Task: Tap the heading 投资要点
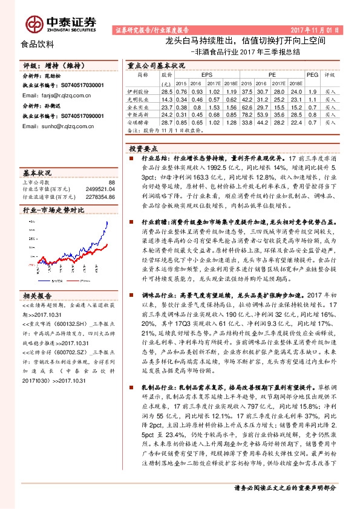tap(143, 148)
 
